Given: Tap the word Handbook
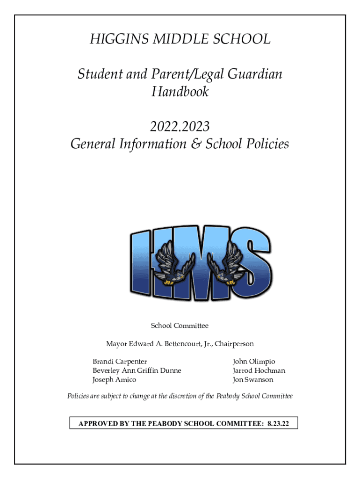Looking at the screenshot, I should coord(180,92).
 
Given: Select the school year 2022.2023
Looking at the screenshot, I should coord(180,126).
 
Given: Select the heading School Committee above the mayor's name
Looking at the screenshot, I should coord(180,326).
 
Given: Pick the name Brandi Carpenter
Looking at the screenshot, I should coord(120,362).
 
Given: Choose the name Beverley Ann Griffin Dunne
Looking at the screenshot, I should coord(137,370).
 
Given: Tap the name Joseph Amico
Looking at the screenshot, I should coord(114,380).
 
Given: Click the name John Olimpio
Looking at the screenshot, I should coord(254,362).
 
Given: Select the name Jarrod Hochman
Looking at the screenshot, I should coord(259,370).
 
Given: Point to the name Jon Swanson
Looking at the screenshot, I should coord(253,380).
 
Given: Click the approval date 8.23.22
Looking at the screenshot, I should coord(278,423).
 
